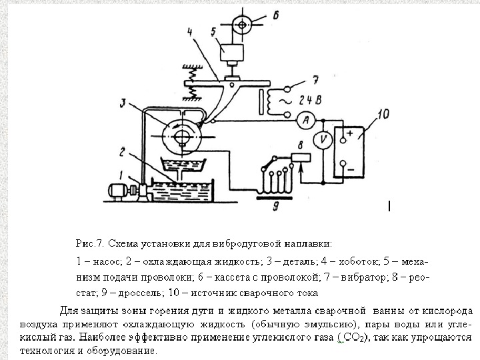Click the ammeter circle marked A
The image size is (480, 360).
pos(305,120)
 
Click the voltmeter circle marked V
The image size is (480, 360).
pos(322,140)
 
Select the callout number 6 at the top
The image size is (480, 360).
pos(276,14)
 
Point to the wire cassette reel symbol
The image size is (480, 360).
pos(233,24)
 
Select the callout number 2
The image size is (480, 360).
pos(123,151)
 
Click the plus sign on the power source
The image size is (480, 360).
pos(349,133)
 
